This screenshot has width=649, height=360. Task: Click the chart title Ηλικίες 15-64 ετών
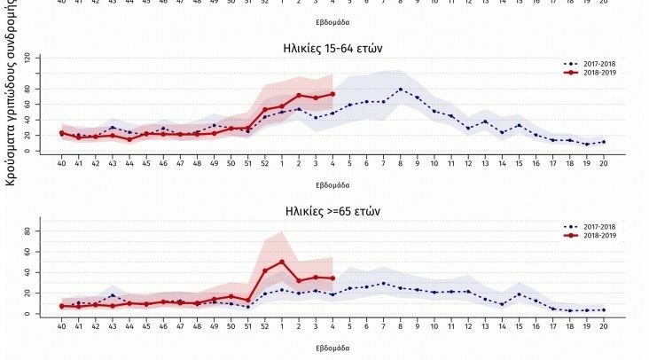(332, 48)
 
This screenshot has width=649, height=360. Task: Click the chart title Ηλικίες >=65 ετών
(332, 211)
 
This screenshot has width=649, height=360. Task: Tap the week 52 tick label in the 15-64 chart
(265, 164)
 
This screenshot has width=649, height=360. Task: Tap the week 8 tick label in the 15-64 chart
(400, 164)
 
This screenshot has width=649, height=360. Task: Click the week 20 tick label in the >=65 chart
(603, 327)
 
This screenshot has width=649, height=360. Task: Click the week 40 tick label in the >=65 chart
(61, 327)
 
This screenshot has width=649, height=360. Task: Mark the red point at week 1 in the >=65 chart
(282, 262)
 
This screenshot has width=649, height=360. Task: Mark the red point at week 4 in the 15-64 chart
(332, 94)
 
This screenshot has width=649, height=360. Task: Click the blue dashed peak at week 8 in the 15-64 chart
(400, 89)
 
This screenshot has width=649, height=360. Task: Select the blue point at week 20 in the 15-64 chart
(603, 142)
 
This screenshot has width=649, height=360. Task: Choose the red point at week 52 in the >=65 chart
(265, 270)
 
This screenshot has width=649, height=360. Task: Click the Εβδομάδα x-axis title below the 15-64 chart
(332, 185)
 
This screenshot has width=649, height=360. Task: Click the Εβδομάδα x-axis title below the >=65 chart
(332, 348)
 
